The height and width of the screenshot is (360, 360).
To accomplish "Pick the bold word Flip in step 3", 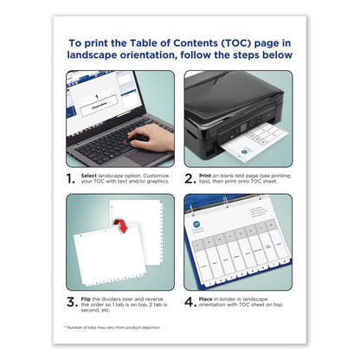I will click(92, 299).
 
